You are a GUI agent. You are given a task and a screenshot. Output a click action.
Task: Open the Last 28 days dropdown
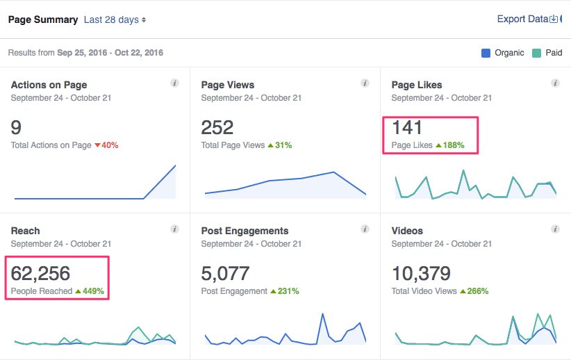pyautogui.click(x=115, y=20)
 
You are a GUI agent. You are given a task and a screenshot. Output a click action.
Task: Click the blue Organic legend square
pyautogui.click(x=486, y=53)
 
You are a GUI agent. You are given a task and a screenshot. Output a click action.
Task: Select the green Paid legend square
pyautogui.click(x=536, y=53)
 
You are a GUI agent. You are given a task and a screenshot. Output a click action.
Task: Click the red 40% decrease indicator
pyautogui.click(x=106, y=145)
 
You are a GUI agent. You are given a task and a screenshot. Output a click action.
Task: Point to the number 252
pyautogui.click(x=217, y=127)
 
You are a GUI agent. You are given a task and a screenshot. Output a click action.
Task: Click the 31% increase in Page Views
pyautogui.click(x=280, y=145)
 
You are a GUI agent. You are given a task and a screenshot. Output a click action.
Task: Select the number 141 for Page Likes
pyautogui.click(x=407, y=127)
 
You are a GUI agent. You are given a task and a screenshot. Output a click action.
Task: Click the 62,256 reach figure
pyautogui.click(x=40, y=273)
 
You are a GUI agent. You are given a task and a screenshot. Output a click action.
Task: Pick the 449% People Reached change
pyautogui.click(x=90, y=291)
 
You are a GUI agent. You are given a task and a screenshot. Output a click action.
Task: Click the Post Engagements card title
pyautogui.click(x=245, y=231)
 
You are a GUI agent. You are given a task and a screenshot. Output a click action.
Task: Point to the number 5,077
pyautogui.click(x=225, y=273)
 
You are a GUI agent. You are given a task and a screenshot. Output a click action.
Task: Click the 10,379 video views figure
pyautogui.click(x=421, y=273)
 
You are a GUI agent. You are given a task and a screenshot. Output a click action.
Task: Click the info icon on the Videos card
pyautogui.click(x=555, y=229)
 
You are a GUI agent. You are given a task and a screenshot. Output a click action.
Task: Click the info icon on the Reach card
pyautogui.click(x=174, y=229)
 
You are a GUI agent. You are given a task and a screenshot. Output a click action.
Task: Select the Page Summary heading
pyautogui.click(x=42, y=20)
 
